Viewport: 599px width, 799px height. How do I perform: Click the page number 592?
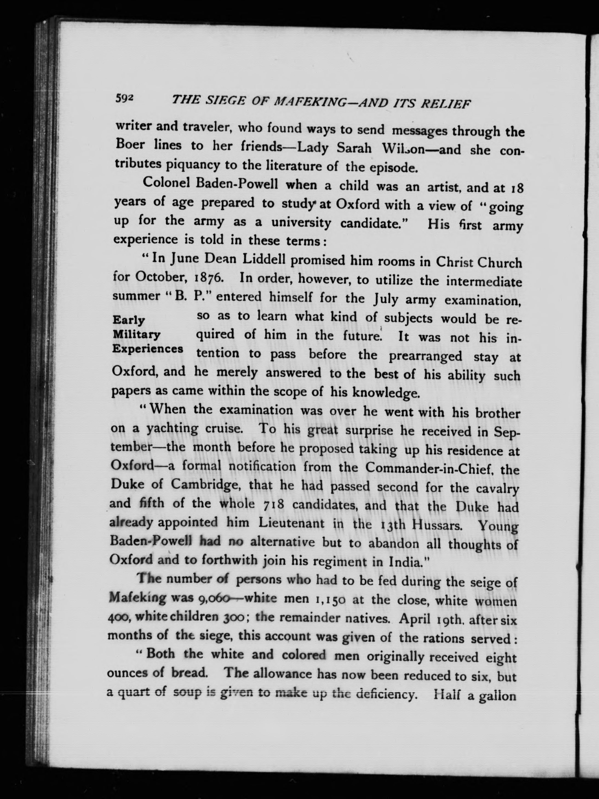[x=125, y=98]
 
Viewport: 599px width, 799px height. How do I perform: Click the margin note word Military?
[x=137, y=335]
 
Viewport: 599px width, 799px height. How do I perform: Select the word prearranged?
[x=425, y=356]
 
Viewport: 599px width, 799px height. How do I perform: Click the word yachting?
[x=172, y=429]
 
